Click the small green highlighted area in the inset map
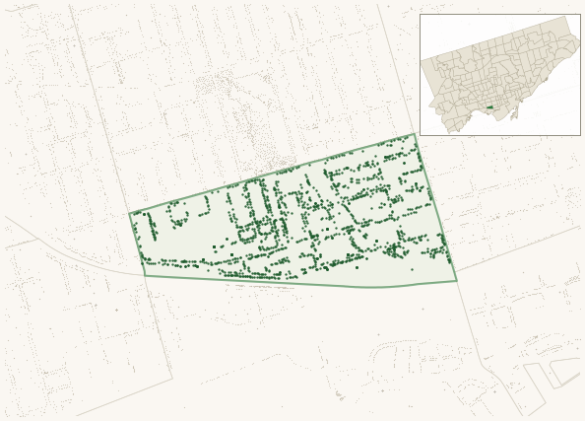coord(489,107)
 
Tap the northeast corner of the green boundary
coord(415,135)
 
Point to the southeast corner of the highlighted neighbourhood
coord(456,281)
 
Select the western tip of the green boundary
coord(130,214)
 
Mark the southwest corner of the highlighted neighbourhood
coord(146,275)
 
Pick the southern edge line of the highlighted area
coord(295,284)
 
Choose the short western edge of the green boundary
coord(137,244)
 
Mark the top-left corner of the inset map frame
coord(421,15)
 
